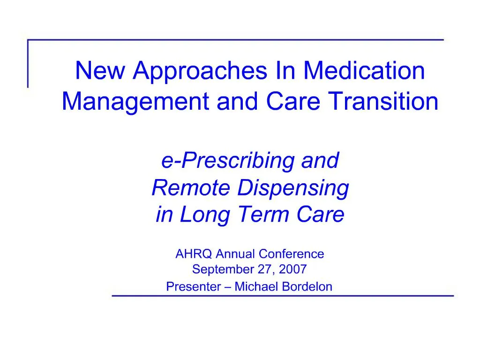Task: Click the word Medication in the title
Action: [x=364, y=71]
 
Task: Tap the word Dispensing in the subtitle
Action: [x=293, y=189]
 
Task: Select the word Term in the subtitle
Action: [x=263, y=215]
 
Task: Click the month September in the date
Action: [x=218, y=270]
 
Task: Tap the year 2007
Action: [x=293, y=270]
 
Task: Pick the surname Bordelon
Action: [x=307, y=286]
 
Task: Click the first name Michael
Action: [x=257, y=286]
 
